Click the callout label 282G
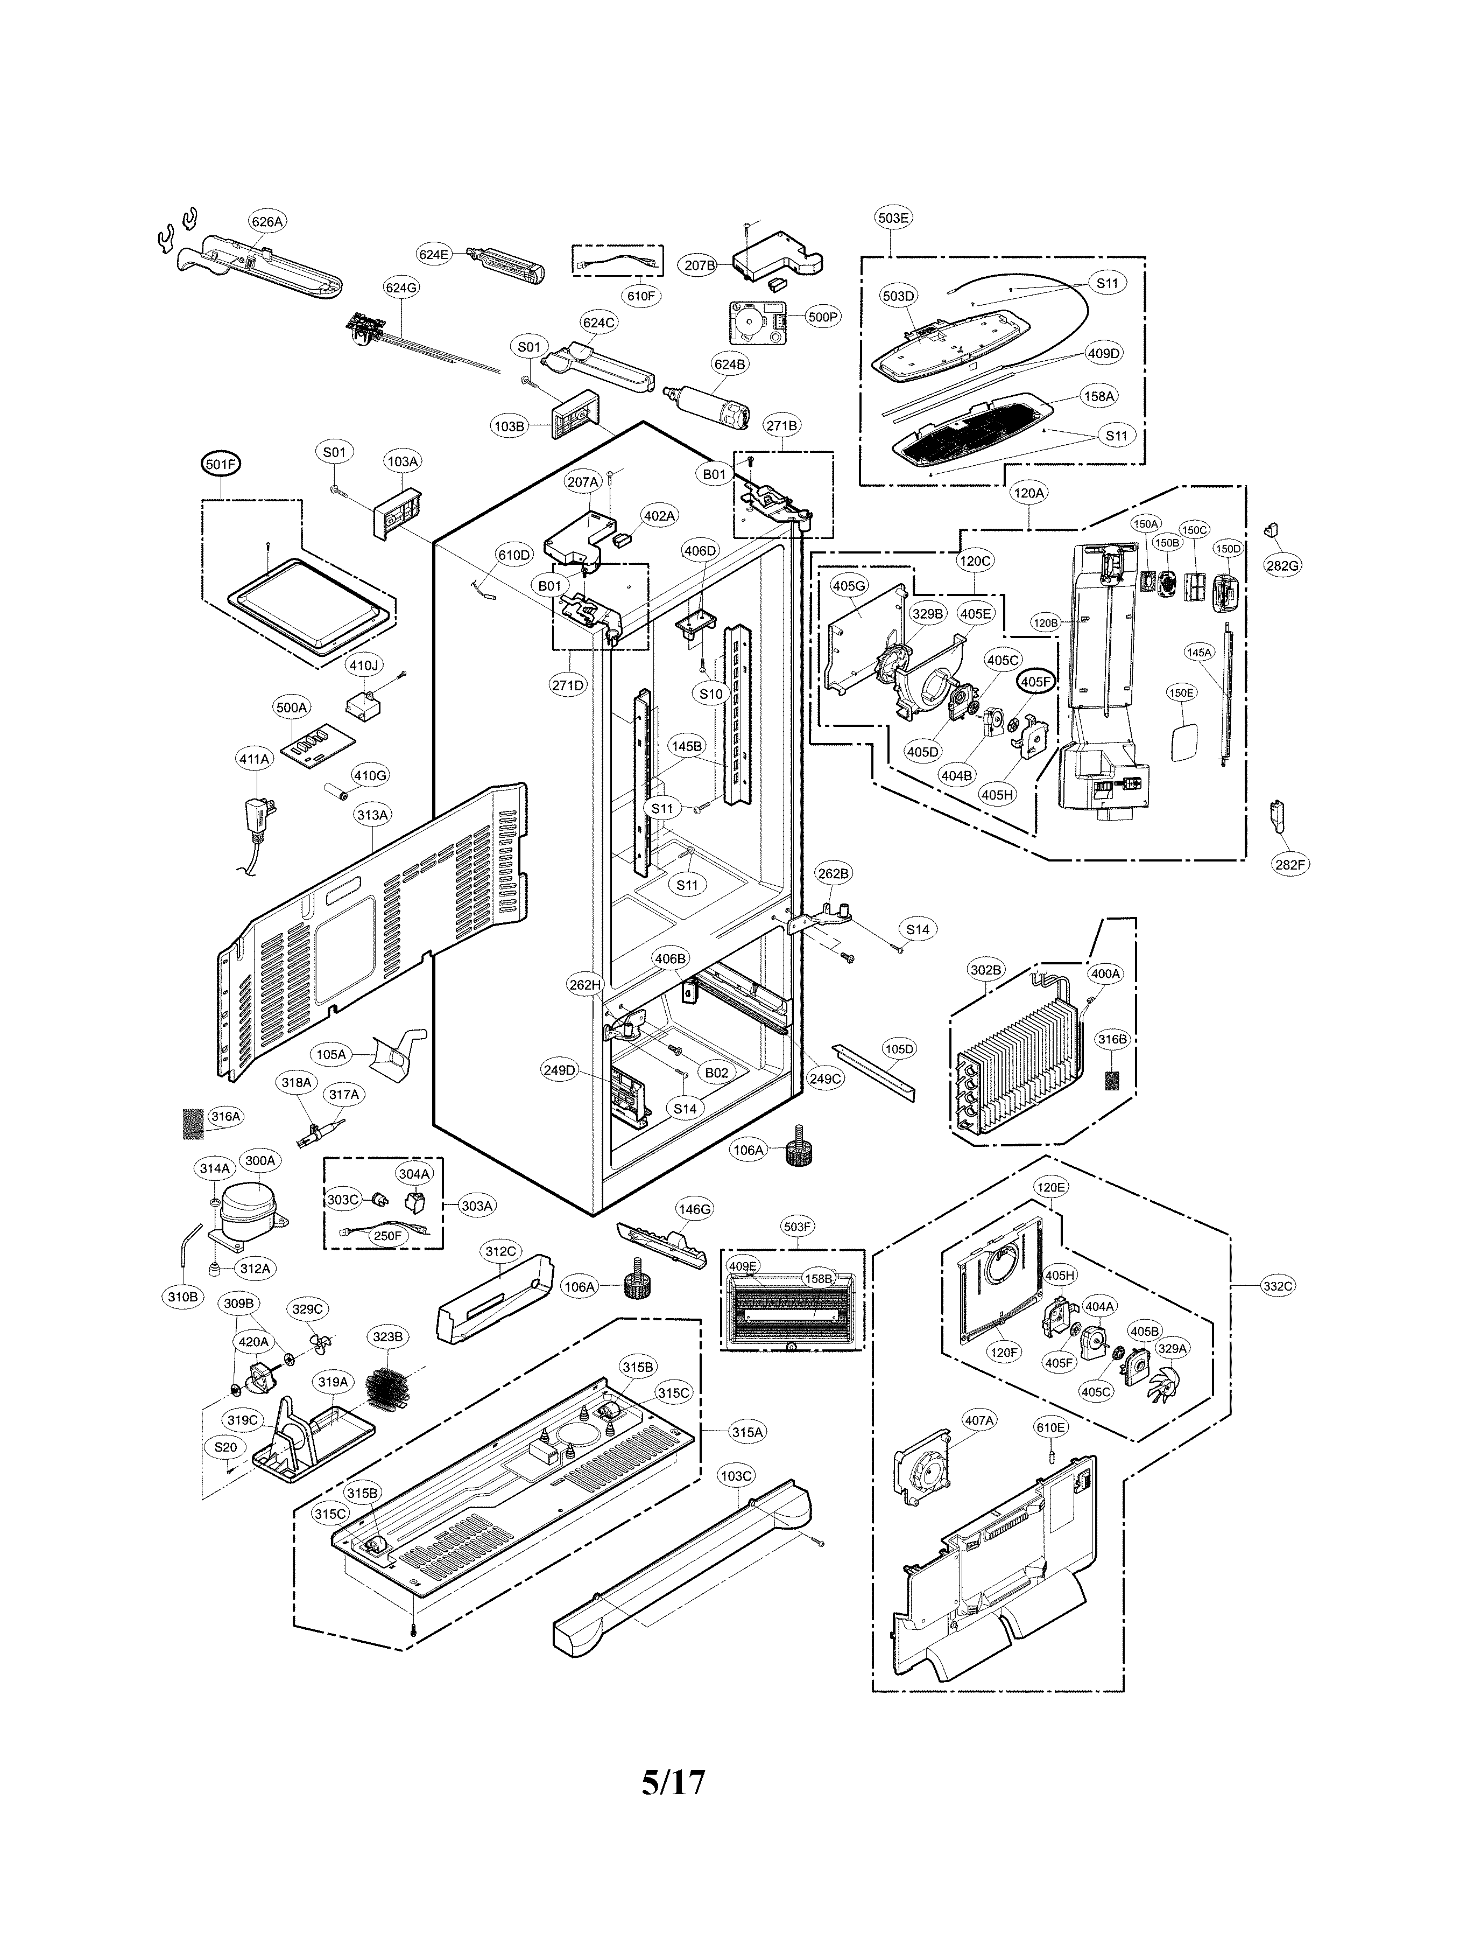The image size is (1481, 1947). click(1282, 565)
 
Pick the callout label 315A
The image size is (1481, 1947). click(746, 1432)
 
